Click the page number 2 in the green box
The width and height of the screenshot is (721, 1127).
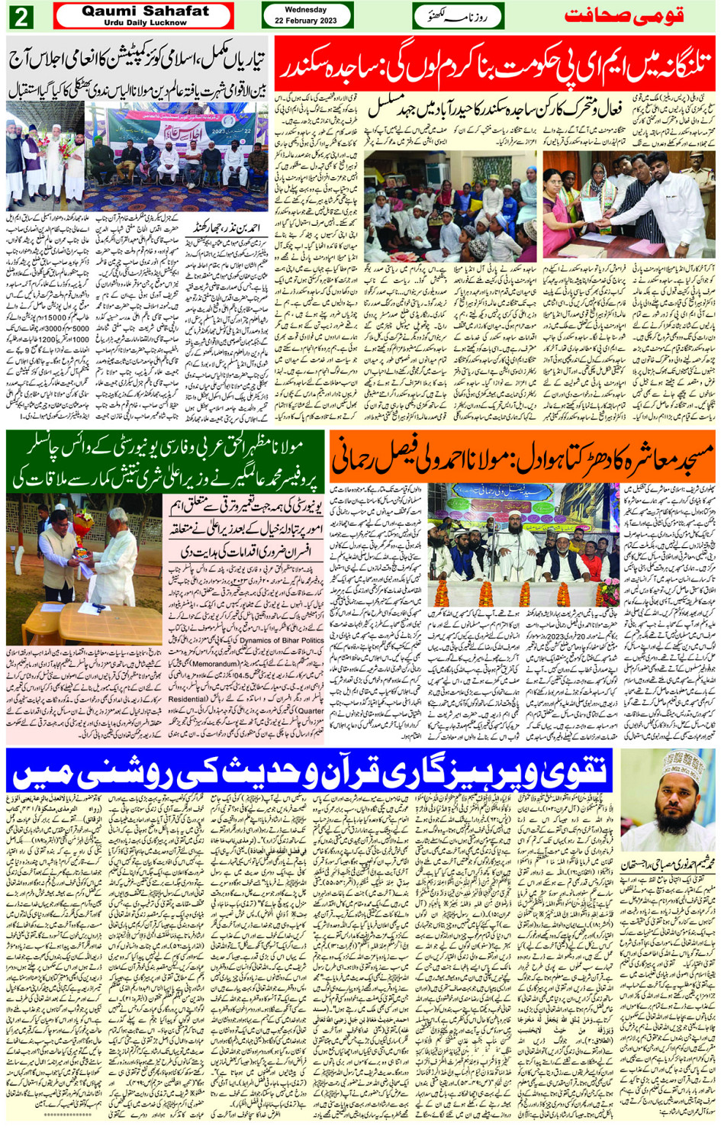(x=21, y=16)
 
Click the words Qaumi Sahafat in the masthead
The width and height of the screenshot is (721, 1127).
(x=144, y=11)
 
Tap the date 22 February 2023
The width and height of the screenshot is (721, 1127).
(x=306, y=20)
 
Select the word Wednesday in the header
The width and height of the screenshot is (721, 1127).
(x=306, y=10)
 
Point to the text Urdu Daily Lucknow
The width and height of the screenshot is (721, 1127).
(x=144, y=23)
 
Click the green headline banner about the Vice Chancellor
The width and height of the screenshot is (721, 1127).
(x=166, y=461)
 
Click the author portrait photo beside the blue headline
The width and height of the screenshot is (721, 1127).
(x=668, y=798)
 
